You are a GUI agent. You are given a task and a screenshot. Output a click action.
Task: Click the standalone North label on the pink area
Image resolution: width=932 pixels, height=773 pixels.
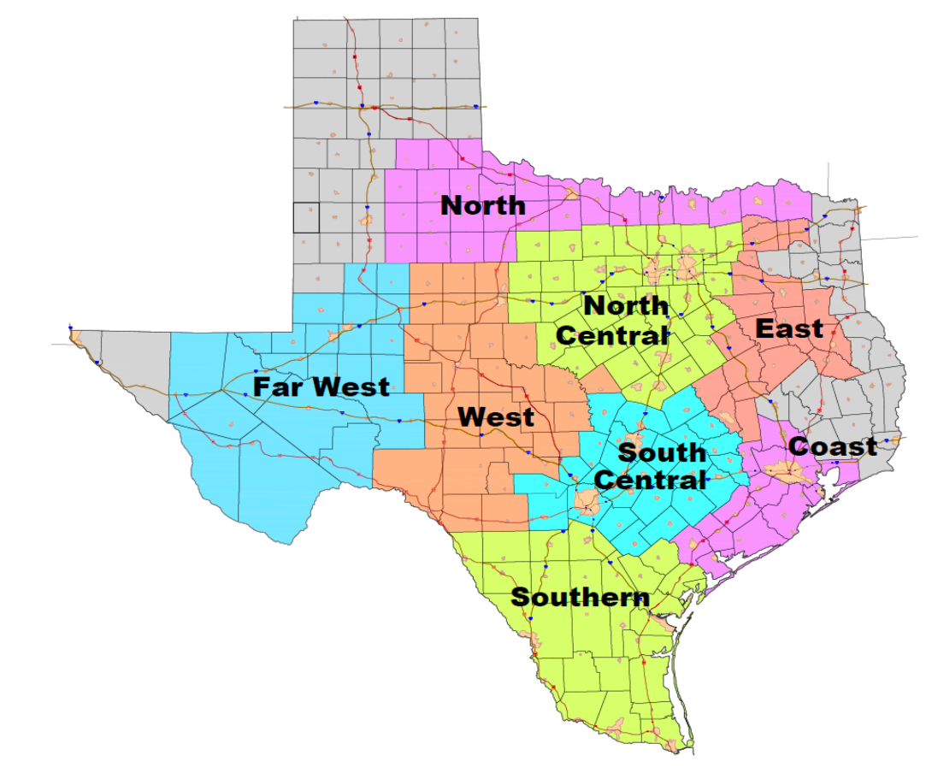coord(483,205)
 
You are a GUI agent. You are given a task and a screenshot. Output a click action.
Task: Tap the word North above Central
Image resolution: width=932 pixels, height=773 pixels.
coord(626,305)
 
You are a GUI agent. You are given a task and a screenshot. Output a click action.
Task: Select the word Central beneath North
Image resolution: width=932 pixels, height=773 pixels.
coord(611,335)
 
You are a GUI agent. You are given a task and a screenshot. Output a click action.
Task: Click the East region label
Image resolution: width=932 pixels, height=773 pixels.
coord(789,328)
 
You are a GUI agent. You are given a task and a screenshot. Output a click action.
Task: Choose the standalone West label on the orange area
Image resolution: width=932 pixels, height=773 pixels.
coord(496,417)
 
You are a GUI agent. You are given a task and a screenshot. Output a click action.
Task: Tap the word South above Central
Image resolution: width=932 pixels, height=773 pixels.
coord(662,452)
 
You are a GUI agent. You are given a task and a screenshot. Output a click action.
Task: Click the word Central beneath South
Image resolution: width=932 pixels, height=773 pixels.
coord(651,480)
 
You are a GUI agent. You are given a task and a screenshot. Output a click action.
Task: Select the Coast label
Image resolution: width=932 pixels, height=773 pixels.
coord(832,446)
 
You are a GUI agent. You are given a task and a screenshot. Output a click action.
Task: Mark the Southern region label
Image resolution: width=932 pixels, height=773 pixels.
coord(580,597)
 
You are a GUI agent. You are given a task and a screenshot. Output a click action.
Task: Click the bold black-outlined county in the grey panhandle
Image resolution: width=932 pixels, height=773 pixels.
coord(305,217)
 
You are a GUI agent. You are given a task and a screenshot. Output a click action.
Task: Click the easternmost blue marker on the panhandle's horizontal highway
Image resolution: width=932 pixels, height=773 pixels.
coord(475,106)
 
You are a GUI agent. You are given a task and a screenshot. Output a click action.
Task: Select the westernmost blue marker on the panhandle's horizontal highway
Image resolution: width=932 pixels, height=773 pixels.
coord(316,103)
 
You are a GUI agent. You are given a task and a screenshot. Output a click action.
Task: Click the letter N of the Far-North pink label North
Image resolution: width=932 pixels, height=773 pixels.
coord(451,205)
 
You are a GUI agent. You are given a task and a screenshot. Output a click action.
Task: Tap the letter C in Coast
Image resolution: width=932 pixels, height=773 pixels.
coord(799,446)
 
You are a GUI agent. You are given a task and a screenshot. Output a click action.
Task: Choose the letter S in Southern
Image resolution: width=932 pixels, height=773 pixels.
coord(519,597)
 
